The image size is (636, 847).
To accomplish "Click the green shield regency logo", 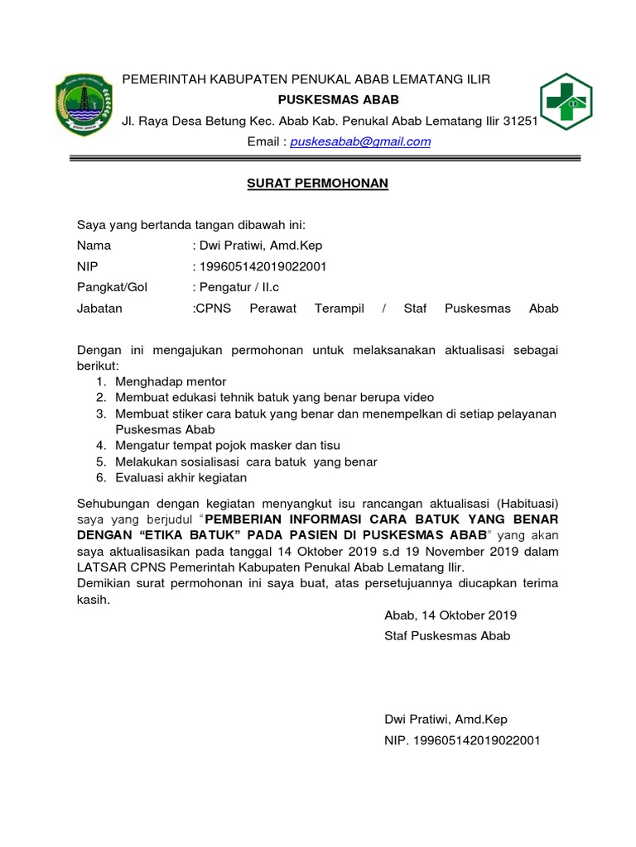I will pos(83,104).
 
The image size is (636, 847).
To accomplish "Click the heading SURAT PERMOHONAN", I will pos(318,184).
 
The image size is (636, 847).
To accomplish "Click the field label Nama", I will pos(94,246).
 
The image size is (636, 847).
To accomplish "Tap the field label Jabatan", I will pos(99,309).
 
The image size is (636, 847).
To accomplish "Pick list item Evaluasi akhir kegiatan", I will pos(181,478).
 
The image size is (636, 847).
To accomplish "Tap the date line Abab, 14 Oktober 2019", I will pos(450,615).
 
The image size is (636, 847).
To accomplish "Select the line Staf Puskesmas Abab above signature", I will pos(447,636).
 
